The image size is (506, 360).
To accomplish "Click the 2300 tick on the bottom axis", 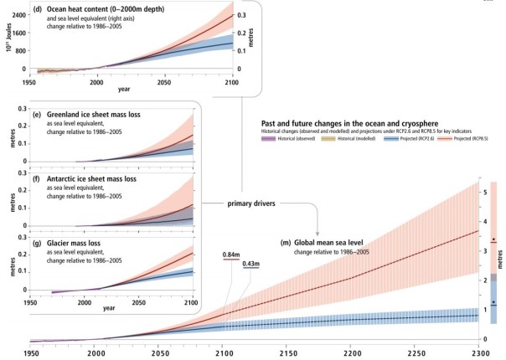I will coord(478,353).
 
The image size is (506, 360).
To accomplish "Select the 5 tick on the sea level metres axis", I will coord(486,193).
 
